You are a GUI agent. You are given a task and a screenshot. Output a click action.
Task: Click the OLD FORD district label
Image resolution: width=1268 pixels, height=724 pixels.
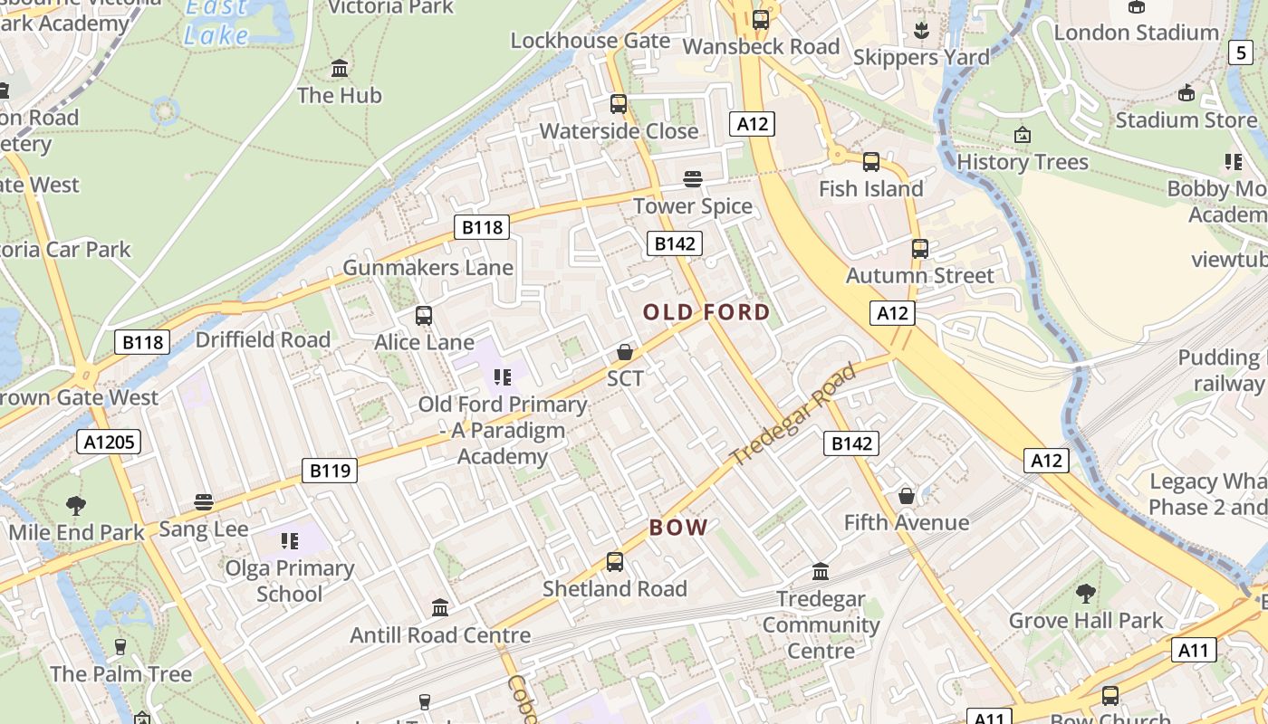pyautogui.click(x=706, y=312)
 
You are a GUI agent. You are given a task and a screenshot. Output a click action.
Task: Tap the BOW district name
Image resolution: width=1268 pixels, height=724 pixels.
pyautogui.click(x=678, y=528)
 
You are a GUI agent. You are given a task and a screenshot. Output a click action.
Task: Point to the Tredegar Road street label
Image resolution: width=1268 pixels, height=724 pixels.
pyautogui.click(x=793, y=415)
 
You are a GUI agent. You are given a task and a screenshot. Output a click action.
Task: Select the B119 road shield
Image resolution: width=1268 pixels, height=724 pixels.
pyautogui.click(x=330, y=471)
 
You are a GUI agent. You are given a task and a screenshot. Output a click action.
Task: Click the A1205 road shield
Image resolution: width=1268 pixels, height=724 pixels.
pyautogui.click(x=109, y=442)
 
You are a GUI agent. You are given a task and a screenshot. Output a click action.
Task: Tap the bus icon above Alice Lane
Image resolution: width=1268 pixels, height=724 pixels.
pyautogui.click(x=423, y=316)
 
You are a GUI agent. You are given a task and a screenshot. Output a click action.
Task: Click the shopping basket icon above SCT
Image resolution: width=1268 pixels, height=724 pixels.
pyautogui.click(x=624, y=352)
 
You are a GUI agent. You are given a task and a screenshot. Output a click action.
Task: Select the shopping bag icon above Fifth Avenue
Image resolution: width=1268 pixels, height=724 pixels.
pyautogui.click(x=906, y=496)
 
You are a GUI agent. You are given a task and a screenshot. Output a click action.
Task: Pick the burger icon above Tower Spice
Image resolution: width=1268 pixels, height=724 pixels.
pyautogui.click(x=693, y=179)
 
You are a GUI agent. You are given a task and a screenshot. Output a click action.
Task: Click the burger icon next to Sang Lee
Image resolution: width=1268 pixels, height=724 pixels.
pyautogui.click(x=203, y=502)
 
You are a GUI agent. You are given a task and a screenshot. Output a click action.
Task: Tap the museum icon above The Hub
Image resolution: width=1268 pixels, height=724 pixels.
pyautogui.click(x=340, y=69)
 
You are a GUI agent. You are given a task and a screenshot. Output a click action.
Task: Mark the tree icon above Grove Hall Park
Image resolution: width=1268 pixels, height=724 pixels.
pyautogui.click(x=1085, y=595)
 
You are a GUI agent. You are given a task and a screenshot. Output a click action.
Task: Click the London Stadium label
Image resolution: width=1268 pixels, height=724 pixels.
pyautogui.click(x=1136, y=33)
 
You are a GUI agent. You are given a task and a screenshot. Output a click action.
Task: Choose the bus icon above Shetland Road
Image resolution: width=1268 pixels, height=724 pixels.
pyautogui.click(x=615, y=562)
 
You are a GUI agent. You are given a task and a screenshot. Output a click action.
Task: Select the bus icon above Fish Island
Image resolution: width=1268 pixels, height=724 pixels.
pyautogui.click(x=870, y=162)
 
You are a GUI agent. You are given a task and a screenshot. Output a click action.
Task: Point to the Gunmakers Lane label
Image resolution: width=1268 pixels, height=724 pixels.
pyautogui.click(x=427, y=268)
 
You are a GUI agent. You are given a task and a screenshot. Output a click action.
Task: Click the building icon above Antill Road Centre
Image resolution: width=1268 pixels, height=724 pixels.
pyautogui.click(x=440, y=607)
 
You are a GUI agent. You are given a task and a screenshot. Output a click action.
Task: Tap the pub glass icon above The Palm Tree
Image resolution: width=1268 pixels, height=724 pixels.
pyautogui.click(x=120, y=646)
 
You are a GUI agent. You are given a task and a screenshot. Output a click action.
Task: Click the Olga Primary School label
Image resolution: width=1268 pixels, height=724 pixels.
pyautogui.click(x=289, y=581)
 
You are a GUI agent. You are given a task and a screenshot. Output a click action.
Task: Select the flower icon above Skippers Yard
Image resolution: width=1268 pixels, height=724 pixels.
pyautogui.click(x=921, y=31)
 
